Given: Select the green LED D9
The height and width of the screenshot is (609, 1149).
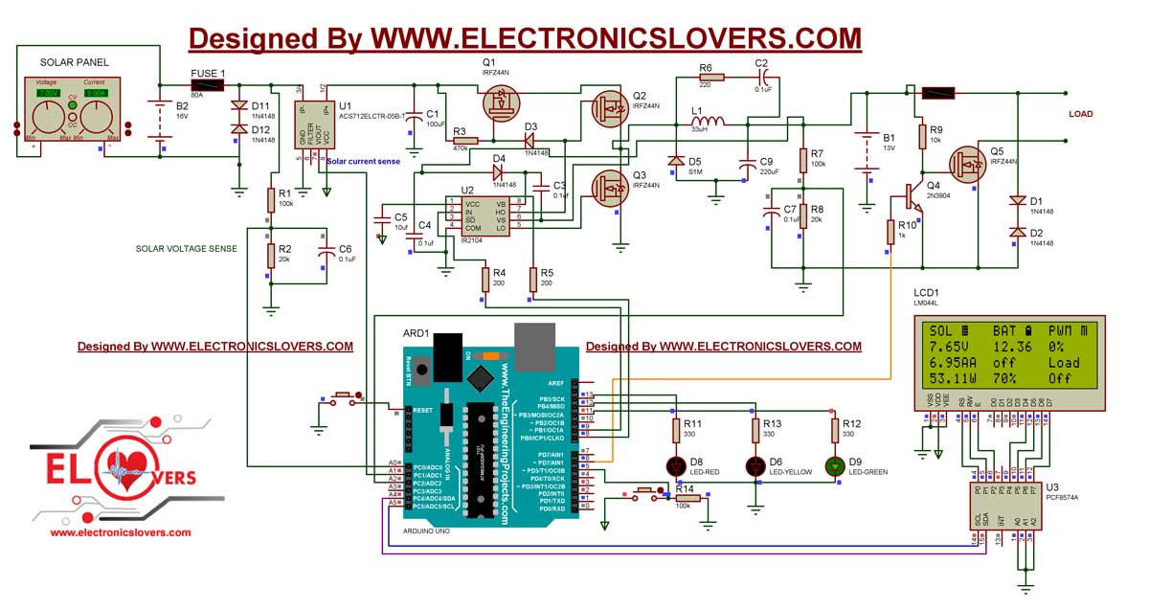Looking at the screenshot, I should tap(835, 465).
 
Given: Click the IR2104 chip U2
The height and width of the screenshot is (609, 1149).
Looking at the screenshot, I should tap(485, 215).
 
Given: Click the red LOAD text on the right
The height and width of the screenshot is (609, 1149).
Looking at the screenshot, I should tap(1080, 114).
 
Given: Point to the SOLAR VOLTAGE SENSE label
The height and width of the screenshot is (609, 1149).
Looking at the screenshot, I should tap(186, 249).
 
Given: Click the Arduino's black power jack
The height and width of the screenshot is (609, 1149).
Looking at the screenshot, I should tap(446, 357).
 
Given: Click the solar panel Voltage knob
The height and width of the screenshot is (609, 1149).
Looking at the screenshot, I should tap(48, 119).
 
